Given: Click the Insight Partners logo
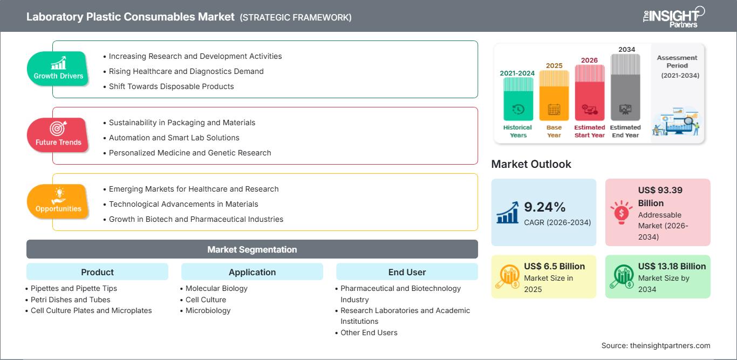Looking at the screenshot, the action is click(x=674, y=17).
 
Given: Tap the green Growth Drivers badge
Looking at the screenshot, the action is click(x=58, y=69).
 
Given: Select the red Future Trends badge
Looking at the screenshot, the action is click(x=58, y=135).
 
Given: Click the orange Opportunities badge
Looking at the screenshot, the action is click(x=58, y=201).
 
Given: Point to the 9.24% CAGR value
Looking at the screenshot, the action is click(x=544, y=207).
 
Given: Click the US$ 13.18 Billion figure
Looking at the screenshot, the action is click(x=672, y=266).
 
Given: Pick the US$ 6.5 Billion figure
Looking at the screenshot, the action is click(x=555, y=266).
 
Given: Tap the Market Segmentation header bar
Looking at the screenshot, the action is click(x=252, y=249).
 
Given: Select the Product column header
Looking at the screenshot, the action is click(x=98, y=272).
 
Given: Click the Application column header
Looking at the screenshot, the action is click(x=252, y=272).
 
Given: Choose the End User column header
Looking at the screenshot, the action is click(x=407, y=272).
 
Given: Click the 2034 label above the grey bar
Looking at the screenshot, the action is click(x=626, y=49).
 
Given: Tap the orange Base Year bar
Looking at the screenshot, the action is click(x=554, y=96).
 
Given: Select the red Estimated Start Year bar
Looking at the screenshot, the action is click(x=590, y=93).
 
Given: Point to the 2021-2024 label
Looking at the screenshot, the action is click(x=517, y=73).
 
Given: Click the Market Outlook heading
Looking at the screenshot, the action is click(x=531, y=164).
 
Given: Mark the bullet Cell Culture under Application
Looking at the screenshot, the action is click(x=206, y=300).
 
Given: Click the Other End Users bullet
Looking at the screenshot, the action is click(x=369, y=332).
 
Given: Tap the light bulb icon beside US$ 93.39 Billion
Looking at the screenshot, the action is click(x=621, y=212).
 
